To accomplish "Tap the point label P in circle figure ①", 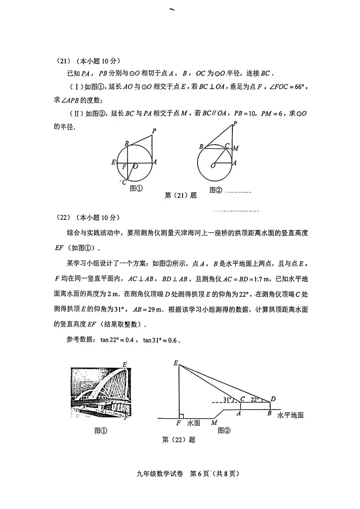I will (x=154, y=131).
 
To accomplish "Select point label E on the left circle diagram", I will (x=114, y=163).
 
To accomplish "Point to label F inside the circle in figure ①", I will (x=124, y=167).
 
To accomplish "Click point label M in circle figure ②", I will (x=236, y=148).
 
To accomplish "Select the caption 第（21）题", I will (x=180, y=196).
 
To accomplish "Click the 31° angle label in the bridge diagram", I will (x=227, y=399).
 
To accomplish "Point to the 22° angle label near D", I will (x=255, y=399).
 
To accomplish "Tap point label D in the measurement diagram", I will (x=273, y=399).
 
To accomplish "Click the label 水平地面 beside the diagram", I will (x=290, y=415).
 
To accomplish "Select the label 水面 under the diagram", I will (x=193, y=423).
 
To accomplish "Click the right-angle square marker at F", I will (x=181, y=416).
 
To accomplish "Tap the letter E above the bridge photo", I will (x=125, y=364).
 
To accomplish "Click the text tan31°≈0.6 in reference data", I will (x=161, y=340).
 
